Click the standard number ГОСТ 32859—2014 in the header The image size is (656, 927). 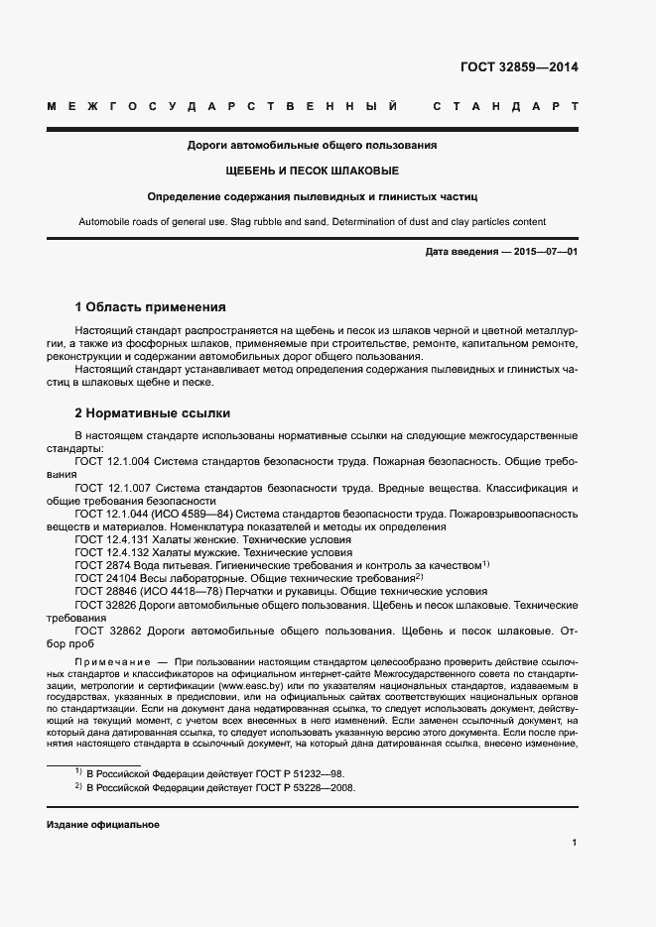point(519,68)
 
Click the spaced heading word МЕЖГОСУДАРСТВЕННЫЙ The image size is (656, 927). point(223,106)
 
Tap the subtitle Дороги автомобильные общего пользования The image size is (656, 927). point(313,145)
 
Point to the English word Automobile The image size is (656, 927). point(106,221)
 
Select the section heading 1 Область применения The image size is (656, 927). point(150,306)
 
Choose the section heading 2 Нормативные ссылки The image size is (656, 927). point(153,412)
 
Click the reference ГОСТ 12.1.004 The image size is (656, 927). point(112,461)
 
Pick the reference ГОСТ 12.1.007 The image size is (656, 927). point(112,488)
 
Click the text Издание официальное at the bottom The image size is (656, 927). point(103,825)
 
